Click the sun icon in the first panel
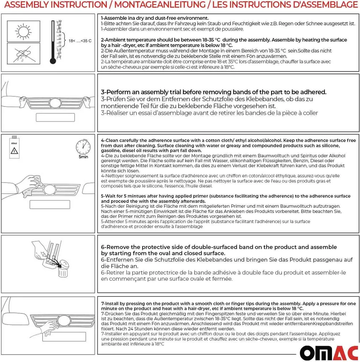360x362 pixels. [x=23, y=31]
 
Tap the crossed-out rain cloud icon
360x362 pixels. [x=23, y=54]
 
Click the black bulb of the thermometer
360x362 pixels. [x=53, y=61]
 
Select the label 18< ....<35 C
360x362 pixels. [x=80, y=41]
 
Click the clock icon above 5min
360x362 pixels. [x=83, y=147]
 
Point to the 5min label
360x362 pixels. [x=83, y=157]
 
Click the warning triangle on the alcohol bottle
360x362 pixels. [x=14, y=151]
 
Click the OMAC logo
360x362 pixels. [x=329, y=352]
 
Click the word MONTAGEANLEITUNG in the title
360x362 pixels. [x=160, y=5]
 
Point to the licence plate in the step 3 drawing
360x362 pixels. [x=55, y=117]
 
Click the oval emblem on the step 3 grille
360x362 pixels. [x=55, y=104]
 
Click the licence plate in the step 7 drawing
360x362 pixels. [x=64, y=337]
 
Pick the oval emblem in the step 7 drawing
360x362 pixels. [x=63, y=320]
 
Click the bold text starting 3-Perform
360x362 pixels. [x=214, y=92]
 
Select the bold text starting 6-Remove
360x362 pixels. [x=219, y=250]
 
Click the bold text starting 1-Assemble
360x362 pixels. [x=155, y=18]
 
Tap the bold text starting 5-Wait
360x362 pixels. [x=226, y=199]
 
